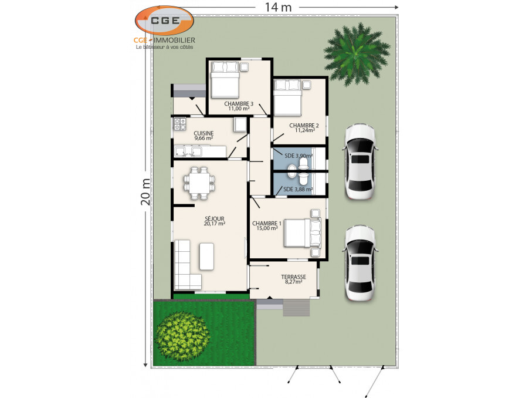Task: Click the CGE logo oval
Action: click(x=164, y=21)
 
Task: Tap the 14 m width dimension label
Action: click(x=278, y=7)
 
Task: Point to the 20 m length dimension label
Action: click(x=146, y=192)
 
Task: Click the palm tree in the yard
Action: click(x=356, y=53)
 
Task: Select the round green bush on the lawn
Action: click(x=182, y=336)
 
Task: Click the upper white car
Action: click(x=360, y=161)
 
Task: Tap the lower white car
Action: click(x=360, y=262)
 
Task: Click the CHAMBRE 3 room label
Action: click(x=239, y=104)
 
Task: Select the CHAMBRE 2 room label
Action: click(x=304, y=125)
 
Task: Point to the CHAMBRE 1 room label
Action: click(x=266, y=224)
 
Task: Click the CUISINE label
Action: click(x=204, y=133)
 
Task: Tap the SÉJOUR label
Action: click(x=215, y=218)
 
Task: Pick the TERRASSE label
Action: click(x=293, y=277)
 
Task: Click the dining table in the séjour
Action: click(x=199, y=183)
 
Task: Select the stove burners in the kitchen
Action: click(x=180, y=123)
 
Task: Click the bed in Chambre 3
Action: click(x=225, y=79)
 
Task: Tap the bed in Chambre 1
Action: click(x=302, y=233)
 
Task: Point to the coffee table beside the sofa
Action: click(x=206, y=257)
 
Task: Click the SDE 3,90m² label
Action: click(x=299, y=156)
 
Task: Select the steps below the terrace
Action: click(x=296, y=308)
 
